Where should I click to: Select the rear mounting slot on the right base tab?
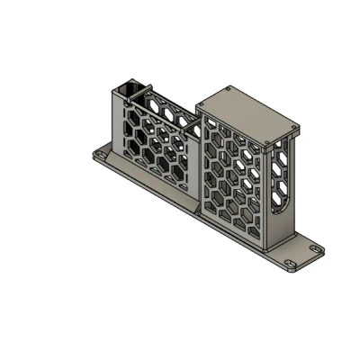317,245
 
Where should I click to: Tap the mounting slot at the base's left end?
102,159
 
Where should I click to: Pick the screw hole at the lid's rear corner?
231,89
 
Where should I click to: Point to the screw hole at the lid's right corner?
291,126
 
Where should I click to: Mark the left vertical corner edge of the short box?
112,121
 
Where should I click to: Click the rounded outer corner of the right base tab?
321,249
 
